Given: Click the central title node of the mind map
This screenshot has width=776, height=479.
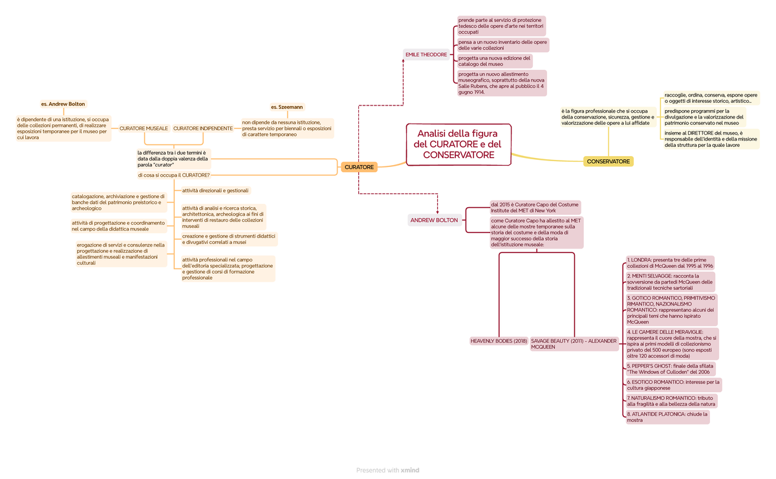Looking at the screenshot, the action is pos(458,144).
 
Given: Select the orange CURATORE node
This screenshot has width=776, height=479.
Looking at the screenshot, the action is pos(359,167).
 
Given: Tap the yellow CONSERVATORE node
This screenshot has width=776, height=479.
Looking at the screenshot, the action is pos(608,161).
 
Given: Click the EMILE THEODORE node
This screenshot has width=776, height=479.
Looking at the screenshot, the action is pos(426,54).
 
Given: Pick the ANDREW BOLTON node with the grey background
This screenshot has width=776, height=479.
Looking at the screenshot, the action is pos(435,220).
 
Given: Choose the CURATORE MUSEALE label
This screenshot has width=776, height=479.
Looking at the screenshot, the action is pos(144,128).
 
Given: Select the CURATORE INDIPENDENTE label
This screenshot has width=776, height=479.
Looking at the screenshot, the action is pos(203,128).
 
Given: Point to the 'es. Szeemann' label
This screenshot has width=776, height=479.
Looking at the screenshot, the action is pos(287,107).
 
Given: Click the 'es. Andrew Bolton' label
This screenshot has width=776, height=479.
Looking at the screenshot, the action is pos(63,104).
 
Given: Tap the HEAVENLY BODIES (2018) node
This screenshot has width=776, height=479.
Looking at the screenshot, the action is pos(499,341).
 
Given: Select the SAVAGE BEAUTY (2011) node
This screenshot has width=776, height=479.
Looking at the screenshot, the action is pos(574,344).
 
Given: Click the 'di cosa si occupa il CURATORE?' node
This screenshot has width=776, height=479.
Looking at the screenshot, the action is pos(174,175).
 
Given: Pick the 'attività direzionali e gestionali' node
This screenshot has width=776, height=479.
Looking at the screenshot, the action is pos(215,190).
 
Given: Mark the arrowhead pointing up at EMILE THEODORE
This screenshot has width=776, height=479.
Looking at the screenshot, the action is pos(403,61).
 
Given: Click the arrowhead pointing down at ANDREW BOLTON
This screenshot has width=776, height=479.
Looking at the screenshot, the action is pos(438,212).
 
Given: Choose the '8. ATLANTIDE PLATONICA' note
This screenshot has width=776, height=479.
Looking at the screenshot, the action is pos(667,417).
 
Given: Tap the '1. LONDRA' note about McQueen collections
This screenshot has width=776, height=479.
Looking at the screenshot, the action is pos(670,263).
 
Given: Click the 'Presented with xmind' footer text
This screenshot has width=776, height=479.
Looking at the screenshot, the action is pos(387,471).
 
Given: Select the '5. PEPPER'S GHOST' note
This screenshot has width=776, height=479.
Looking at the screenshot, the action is pos(671,369).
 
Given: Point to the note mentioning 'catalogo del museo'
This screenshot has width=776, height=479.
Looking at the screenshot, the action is pos(494,61).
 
